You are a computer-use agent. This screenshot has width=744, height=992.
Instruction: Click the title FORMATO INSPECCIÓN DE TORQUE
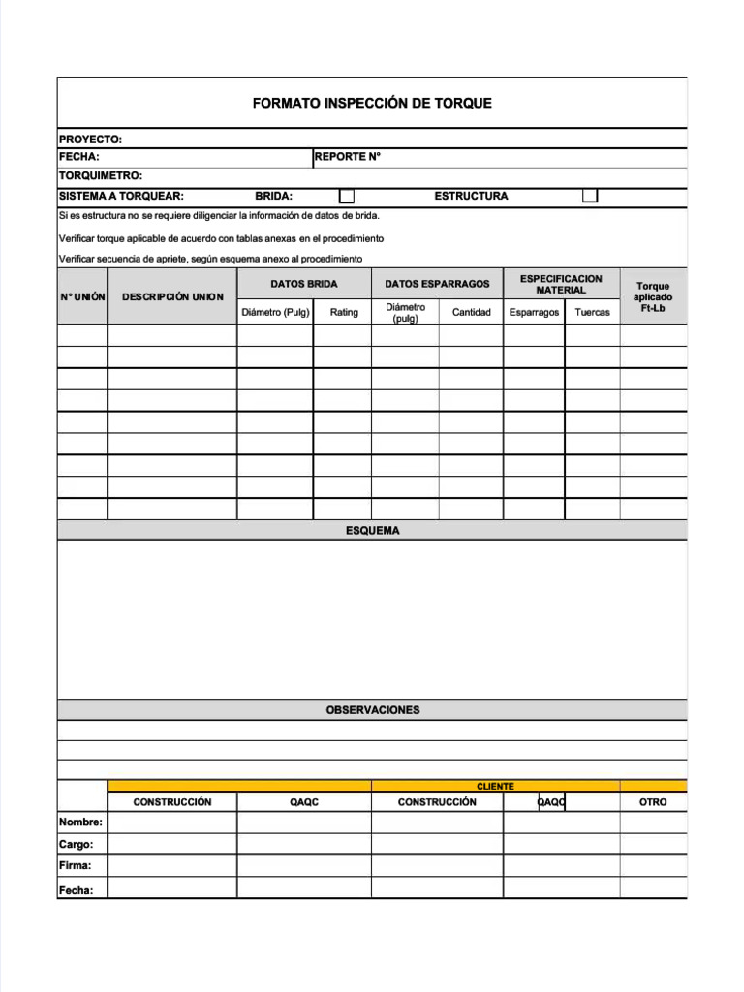click(x=372, y=103)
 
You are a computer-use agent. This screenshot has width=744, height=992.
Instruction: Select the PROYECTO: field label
click(x=91, y=139)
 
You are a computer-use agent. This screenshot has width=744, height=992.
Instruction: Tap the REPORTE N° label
click(x=348, y=157)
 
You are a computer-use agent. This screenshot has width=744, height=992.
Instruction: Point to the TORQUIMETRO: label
click(x=101, y=175)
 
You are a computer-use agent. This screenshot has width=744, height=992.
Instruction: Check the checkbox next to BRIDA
click(x=346, y=196)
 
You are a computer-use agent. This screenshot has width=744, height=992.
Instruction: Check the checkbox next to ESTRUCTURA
click(x=590, y=196)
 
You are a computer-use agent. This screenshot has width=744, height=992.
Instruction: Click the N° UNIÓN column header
click(x=82, y=296)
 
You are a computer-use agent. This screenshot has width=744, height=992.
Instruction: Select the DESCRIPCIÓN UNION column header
click(x=172, y=296)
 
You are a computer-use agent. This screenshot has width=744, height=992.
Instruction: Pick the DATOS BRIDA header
click(x=303, y=284)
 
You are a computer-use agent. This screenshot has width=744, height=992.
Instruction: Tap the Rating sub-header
click(x=344, y=312)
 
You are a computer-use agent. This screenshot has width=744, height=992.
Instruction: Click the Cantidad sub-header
click(x=472, y=312)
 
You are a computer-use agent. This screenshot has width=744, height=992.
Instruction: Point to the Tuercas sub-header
click(x=592, y=312)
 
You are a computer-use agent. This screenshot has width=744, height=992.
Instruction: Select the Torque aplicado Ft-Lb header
click(x=653, y=296)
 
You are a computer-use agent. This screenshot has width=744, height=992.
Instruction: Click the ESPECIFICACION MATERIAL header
click(x=561, y=284)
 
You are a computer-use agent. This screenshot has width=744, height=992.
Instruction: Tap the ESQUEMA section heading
click(x=372, y=531)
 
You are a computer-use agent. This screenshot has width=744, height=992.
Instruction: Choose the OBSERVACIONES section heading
click(x=372, y=710)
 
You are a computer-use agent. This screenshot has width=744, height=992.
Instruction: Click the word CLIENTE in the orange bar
click(x=495, y=786)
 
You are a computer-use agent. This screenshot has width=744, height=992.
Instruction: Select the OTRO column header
click(x=653, y=802)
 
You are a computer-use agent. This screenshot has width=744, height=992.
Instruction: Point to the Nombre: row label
click(x=80, y=822)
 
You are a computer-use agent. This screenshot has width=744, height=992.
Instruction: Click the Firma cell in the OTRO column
click(x=653, y=865)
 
